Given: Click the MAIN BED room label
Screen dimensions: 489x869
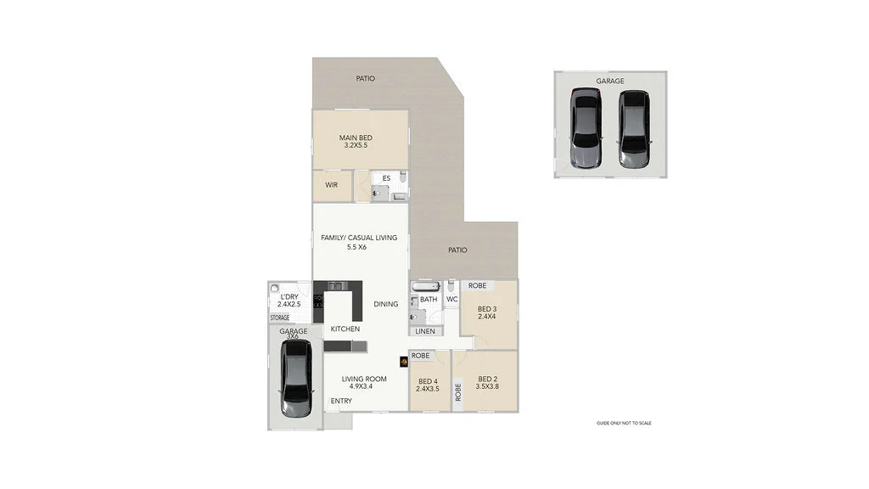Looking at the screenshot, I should click(356, 138).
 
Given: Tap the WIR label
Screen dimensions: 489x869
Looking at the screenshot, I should click(331, 184).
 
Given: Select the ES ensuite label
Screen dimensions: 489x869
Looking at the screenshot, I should click(386, 178).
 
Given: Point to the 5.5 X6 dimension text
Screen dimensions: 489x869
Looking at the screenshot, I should click(356, 247).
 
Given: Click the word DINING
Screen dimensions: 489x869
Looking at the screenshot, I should click(386, 304).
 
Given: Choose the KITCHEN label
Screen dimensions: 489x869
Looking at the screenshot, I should click(345, 329).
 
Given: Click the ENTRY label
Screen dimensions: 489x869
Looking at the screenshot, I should click(341, 401).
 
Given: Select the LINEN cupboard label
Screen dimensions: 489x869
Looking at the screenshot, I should click(426, 330).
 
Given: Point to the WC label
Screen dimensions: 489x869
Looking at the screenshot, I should click(451, 299).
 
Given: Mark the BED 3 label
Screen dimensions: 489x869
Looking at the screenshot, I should click(487, 309).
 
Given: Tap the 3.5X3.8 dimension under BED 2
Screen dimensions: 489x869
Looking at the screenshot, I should click(487, 388).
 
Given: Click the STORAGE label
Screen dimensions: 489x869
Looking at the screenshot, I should click(280, 318).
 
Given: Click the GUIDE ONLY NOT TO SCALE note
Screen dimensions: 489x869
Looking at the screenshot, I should click(624, 423).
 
